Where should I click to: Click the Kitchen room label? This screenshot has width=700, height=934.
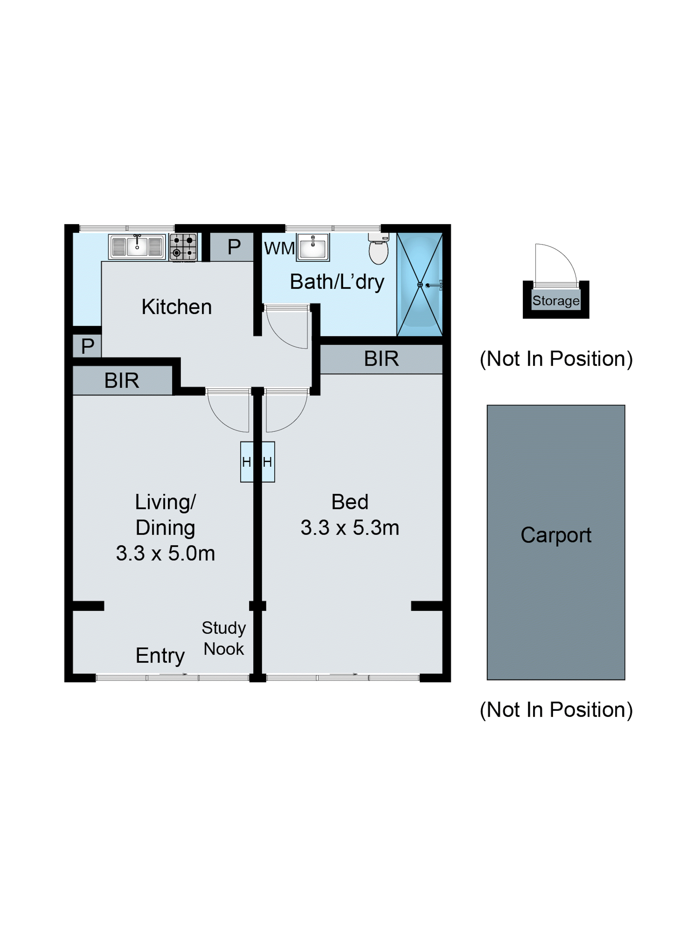tap(176, 307)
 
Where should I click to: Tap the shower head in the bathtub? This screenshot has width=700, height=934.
tap(433, 285)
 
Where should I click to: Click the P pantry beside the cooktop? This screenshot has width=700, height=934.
tap(234, 247)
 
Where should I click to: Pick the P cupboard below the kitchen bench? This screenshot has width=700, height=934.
tap(87, 346)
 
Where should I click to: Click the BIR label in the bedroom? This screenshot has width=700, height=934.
tap(381, 359)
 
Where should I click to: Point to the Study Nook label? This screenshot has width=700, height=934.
tap(224, 638)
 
